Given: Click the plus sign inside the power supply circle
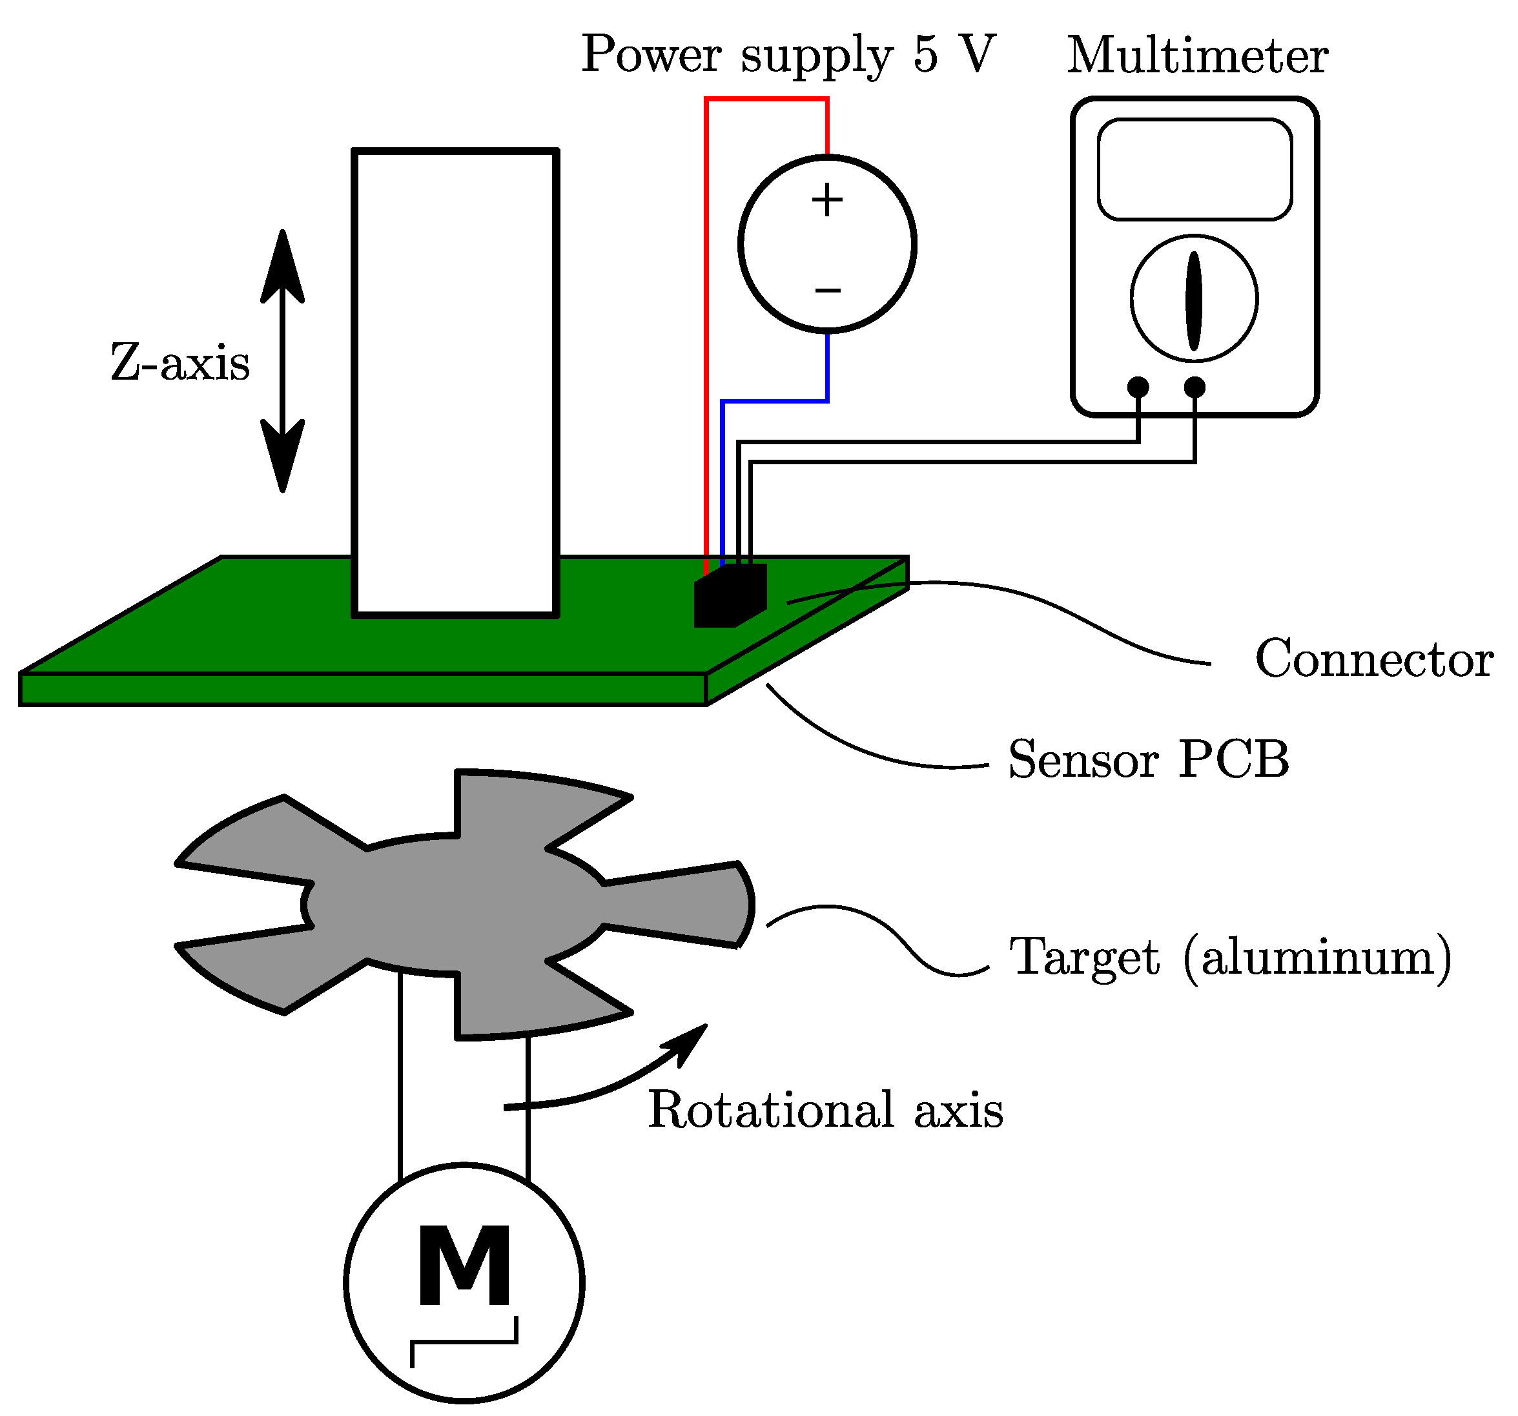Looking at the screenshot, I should (x=827, y=201).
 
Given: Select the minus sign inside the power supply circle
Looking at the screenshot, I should (x=827, y=290).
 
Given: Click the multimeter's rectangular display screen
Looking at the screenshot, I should (x=1195, y=170).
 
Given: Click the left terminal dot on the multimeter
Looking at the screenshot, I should (x=1138, y=387).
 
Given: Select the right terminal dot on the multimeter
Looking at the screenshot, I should (x=1195, y=387).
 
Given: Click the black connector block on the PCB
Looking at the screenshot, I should (x=729, y=597).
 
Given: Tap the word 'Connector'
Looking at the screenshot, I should (x=1373, y=659).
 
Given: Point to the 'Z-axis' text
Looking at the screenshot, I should (x=180, y=362).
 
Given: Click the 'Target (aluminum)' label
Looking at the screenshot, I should (x=1230, y=956).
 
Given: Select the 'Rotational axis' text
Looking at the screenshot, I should (x=825, y=1110).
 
